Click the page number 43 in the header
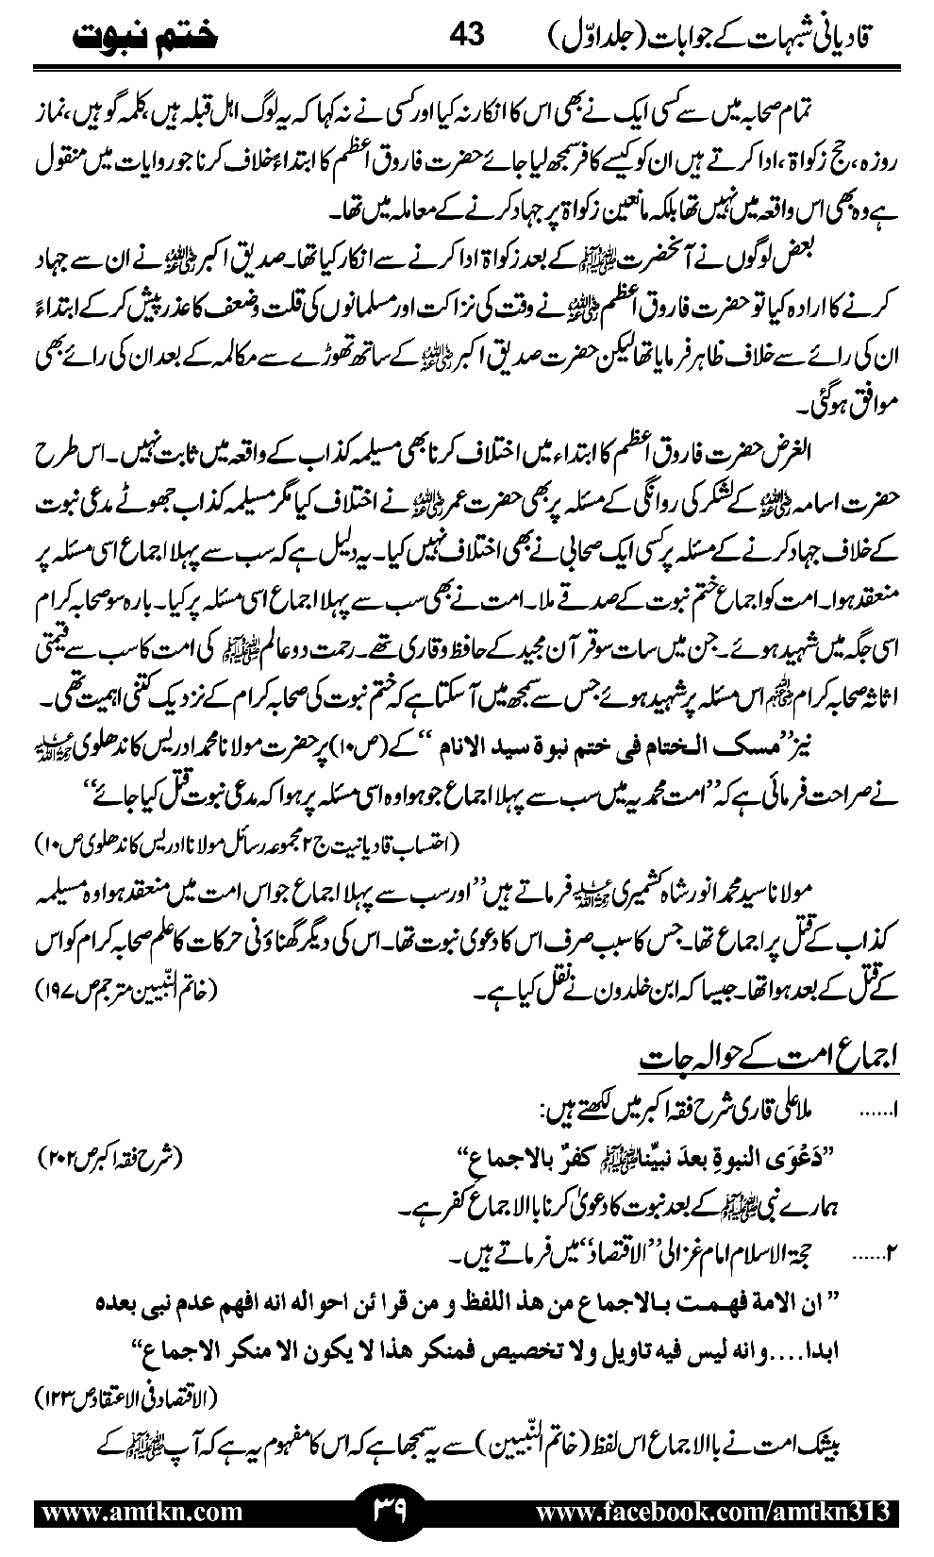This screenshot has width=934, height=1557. pos(466,35)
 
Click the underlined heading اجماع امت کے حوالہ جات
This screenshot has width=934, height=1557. pos(768,1058)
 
